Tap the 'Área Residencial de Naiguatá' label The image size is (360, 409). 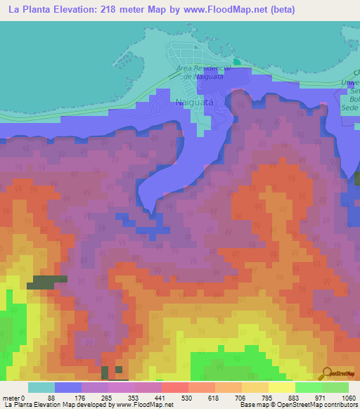coord(203,72)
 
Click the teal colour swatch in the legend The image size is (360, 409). coord(41,387)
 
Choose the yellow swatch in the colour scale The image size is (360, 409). coord(281,387)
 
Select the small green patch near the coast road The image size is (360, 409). coord(237,62)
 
